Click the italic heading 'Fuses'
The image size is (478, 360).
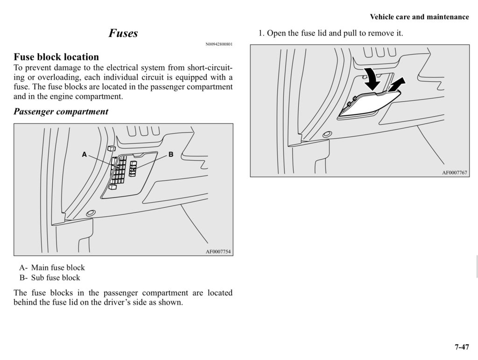[123, 33]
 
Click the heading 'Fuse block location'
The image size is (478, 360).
[56, 57]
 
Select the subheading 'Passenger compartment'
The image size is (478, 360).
[61, 112]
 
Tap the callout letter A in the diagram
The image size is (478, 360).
[84, 154]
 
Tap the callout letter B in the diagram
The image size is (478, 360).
[171, 154]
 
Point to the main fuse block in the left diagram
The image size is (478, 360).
[119, 170]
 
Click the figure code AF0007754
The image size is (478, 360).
[218, 252]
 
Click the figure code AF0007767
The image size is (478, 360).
[455, 173]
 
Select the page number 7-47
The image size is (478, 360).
[461, 347]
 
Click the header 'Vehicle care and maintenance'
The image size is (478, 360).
[419, 17]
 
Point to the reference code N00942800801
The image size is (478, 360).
[219, 45]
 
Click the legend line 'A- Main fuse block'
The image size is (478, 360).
[52, 268]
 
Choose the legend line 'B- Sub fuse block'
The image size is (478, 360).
[50, 278]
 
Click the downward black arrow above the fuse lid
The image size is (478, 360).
[372, 79]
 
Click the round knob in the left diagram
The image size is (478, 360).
[91, 213]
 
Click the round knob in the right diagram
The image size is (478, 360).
[327, 134]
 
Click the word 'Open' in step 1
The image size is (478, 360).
[275, 34]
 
